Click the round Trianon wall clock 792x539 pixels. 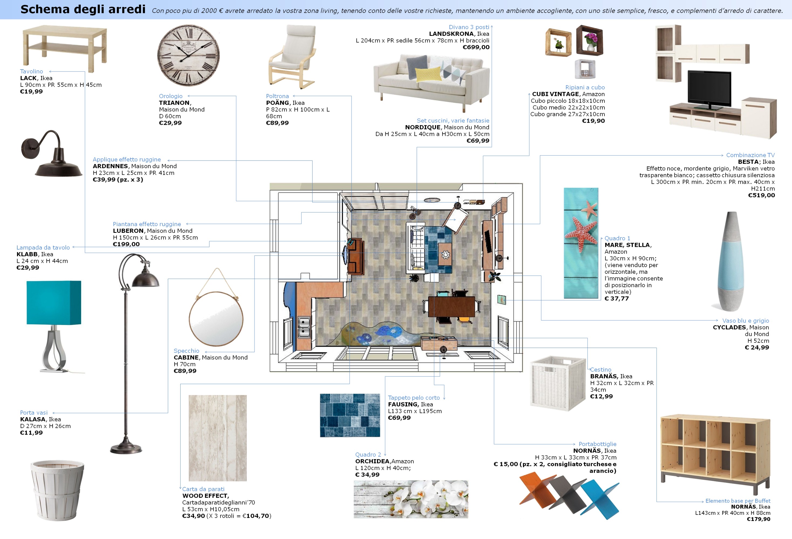pos(188,55)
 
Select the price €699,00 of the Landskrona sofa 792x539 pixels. pos(476,47)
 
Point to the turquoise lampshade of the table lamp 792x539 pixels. pos(54,302)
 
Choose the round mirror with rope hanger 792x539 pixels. pos(216,319)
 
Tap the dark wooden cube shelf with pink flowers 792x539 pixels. pos(590,40)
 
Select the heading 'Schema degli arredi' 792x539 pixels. pos(83,9)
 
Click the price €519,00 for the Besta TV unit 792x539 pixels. pos(761,195)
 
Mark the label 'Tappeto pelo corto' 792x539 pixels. pos(413,398)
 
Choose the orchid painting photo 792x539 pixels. pos(411,499)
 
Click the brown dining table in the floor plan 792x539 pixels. pos(451,307)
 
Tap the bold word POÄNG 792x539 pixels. pos(277,103)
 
